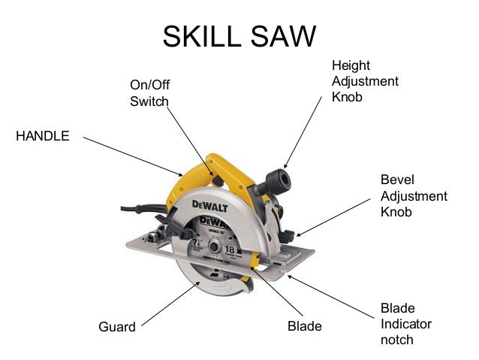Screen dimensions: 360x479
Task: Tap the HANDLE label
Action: pos(43,136)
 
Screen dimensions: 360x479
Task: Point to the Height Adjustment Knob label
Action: pos(365,81)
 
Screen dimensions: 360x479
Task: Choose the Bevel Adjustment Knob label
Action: pos(414,196)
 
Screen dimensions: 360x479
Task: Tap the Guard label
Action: pos(117,327)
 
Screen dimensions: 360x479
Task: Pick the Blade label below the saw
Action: pos(305,327)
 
